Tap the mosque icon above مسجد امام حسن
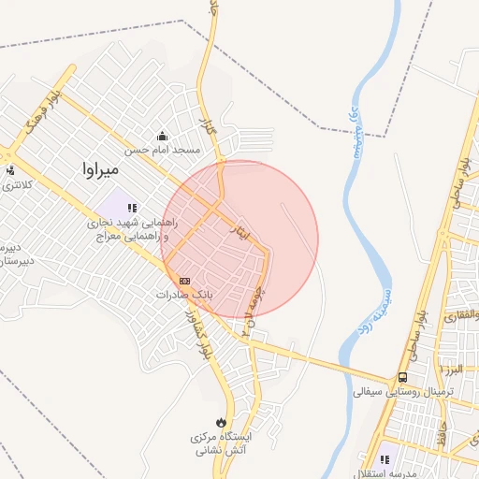tap(163, 135)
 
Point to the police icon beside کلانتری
tap(10, 170)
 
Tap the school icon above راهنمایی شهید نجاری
tap(133, 208)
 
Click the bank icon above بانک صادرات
tap(184, 280)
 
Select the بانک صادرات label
tap(184, 294)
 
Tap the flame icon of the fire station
tap(221, 423)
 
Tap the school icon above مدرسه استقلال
tap(387, 459)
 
